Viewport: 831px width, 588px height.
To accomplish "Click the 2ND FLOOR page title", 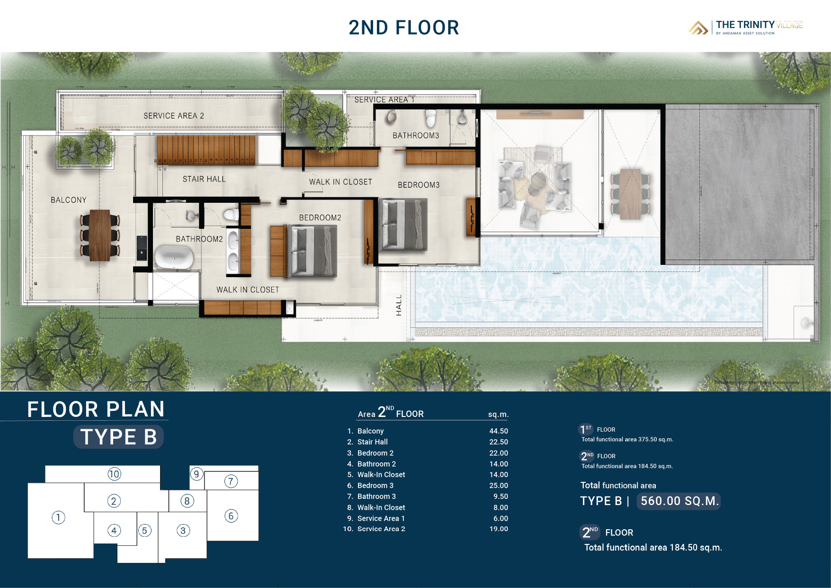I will (x=403, y=27).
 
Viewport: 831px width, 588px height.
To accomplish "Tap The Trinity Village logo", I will (x=746, y=27).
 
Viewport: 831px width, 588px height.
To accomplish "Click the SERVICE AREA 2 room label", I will (x=174, y=116).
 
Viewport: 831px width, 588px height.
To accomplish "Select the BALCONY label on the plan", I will (x=69, y=200).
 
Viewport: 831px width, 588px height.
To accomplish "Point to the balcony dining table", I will (x=100, y=235).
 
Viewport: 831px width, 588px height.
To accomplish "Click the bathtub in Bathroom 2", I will (x=174, y=257).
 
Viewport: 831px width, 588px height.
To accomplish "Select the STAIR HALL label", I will (x=204, y=179).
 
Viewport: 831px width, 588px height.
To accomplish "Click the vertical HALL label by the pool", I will (x=399, y=305).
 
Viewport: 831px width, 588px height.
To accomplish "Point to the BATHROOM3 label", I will (x=416, y=136).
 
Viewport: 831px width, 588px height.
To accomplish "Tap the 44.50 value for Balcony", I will (x=499, y=431).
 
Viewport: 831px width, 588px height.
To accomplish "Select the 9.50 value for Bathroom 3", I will (x=500, y=497).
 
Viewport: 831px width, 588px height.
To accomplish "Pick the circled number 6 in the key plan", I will (x=231, y=516).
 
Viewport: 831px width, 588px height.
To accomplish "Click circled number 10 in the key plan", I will (x=114, y=474).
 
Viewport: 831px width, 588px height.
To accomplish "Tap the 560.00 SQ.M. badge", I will (x=679, y=501).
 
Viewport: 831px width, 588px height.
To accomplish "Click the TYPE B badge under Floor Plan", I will (x=118, y=437).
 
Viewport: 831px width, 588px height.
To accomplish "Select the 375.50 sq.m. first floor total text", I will (x=627, y=439).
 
